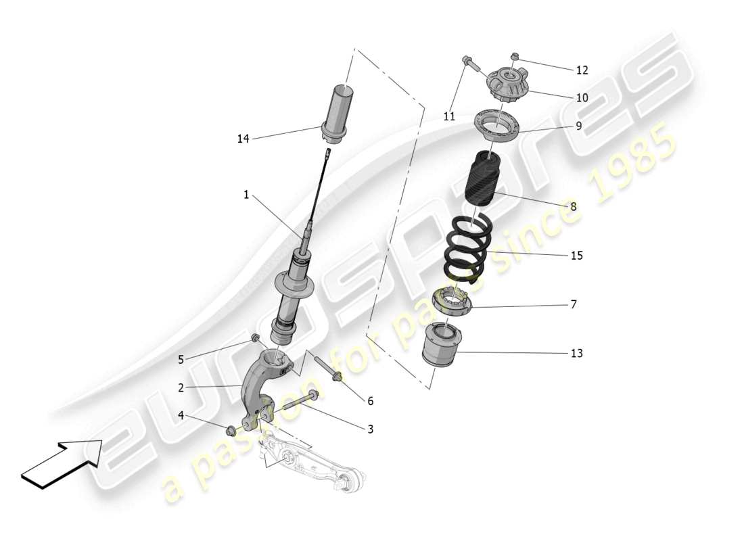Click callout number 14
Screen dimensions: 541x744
243,139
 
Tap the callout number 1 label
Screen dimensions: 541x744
246,195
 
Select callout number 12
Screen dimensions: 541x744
582,70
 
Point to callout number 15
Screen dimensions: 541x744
576,256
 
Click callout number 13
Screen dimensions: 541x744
576,353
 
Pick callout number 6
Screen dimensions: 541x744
370,401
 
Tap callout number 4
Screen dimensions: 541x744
181,415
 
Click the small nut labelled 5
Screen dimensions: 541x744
256,337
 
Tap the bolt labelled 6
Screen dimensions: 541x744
328,369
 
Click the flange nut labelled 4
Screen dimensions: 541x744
231,430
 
